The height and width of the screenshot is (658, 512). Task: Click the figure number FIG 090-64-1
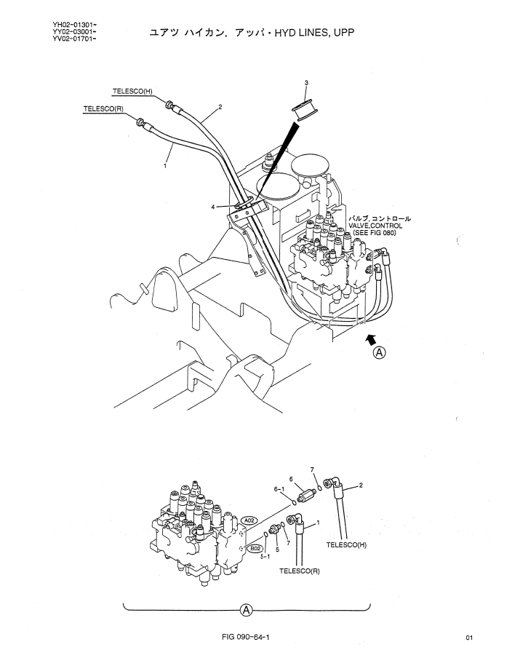click(x=246, y=637)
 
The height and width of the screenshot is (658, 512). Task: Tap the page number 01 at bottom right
click(x=469, y=638)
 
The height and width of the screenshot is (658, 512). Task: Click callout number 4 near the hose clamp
click(x=213, y=207)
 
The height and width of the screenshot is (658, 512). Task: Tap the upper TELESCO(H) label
click(x=132, y=92)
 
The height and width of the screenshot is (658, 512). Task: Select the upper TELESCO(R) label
click(x=103, y=109)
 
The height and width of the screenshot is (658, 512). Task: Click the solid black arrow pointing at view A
click(x=371, y=339)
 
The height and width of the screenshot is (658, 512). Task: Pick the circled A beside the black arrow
click(x=380, y=352)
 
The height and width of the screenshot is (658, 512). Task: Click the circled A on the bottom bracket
click(x=246, y=610)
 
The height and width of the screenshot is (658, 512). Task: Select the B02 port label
click(x=255, y=548)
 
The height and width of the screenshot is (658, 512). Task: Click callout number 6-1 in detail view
click(x=279, y=489)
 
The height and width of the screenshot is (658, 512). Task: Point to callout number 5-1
click(x=265, y=556)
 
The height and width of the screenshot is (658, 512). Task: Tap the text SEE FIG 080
click(x=375, y=232)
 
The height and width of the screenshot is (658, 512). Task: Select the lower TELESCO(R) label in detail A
click(x=300, y=571)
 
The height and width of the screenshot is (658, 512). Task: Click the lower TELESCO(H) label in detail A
click(x=346, y=545)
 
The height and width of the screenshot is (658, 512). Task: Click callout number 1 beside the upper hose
click(x=165, y=166)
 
